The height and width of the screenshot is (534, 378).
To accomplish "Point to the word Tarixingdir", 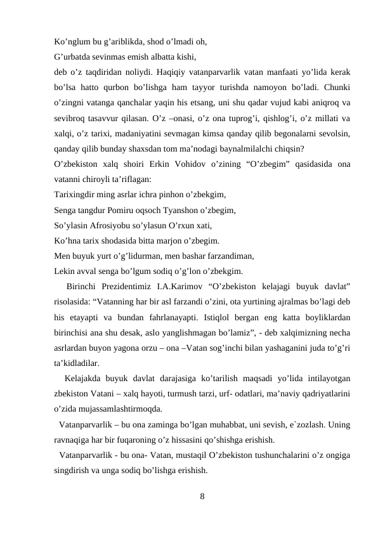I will click(79, 195).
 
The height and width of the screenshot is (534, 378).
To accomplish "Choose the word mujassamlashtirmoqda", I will click(117, 409).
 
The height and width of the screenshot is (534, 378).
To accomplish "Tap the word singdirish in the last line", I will click(75, 471).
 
